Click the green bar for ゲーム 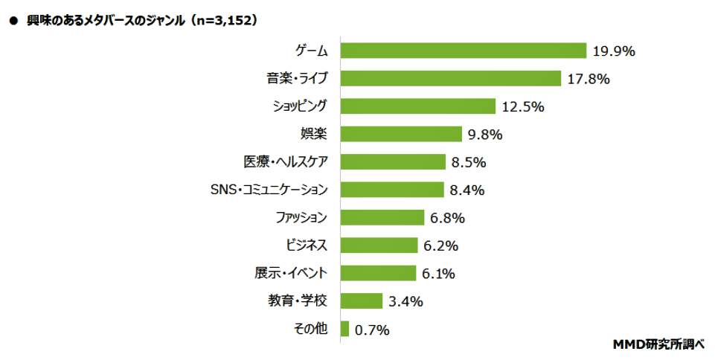coord(464,51)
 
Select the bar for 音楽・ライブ coord(450,78)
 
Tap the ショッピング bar coord(417,106)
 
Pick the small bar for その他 coord(344,329)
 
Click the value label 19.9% coord(614,51)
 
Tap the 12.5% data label coord(523,106)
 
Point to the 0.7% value coord(371,330)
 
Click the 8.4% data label coord(467,190)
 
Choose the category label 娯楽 coord(313,134)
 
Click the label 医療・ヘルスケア coord(286,161)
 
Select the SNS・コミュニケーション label coord(269,190)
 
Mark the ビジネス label coord(307,245)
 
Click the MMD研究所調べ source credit coord(660,344)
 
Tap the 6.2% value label coord(440,245)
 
